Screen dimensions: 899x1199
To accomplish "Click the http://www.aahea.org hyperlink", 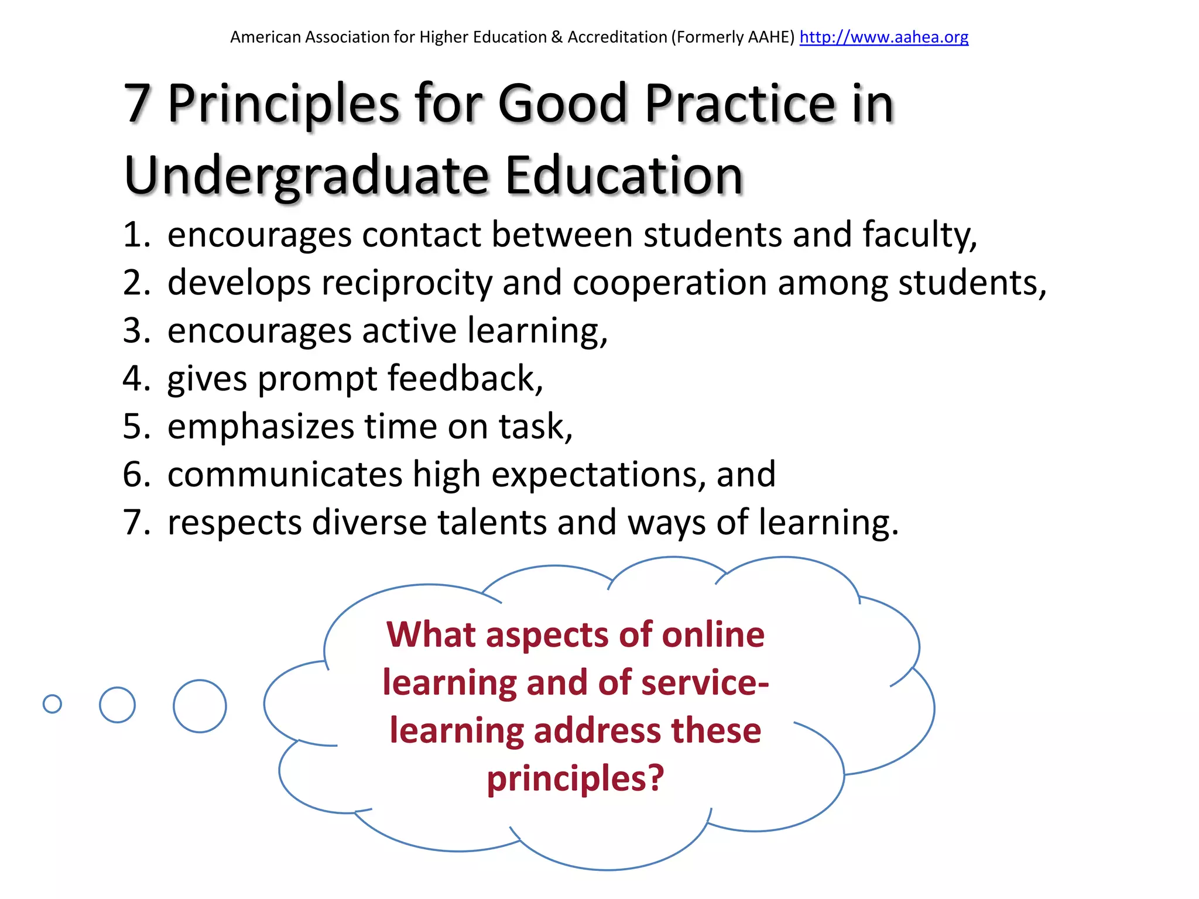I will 883,37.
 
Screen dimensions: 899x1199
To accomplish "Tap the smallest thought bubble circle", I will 52,704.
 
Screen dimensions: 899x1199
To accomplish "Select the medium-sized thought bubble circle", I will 117,705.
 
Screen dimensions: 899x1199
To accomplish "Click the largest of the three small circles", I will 200,706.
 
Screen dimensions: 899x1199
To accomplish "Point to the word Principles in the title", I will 283,104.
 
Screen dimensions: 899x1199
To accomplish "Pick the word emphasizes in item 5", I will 261,426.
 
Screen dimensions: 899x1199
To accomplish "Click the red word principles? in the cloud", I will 575,778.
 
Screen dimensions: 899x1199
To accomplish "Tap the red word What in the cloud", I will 431,634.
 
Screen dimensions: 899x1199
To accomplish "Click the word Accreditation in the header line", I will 617,37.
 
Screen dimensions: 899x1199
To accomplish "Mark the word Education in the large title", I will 624,176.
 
